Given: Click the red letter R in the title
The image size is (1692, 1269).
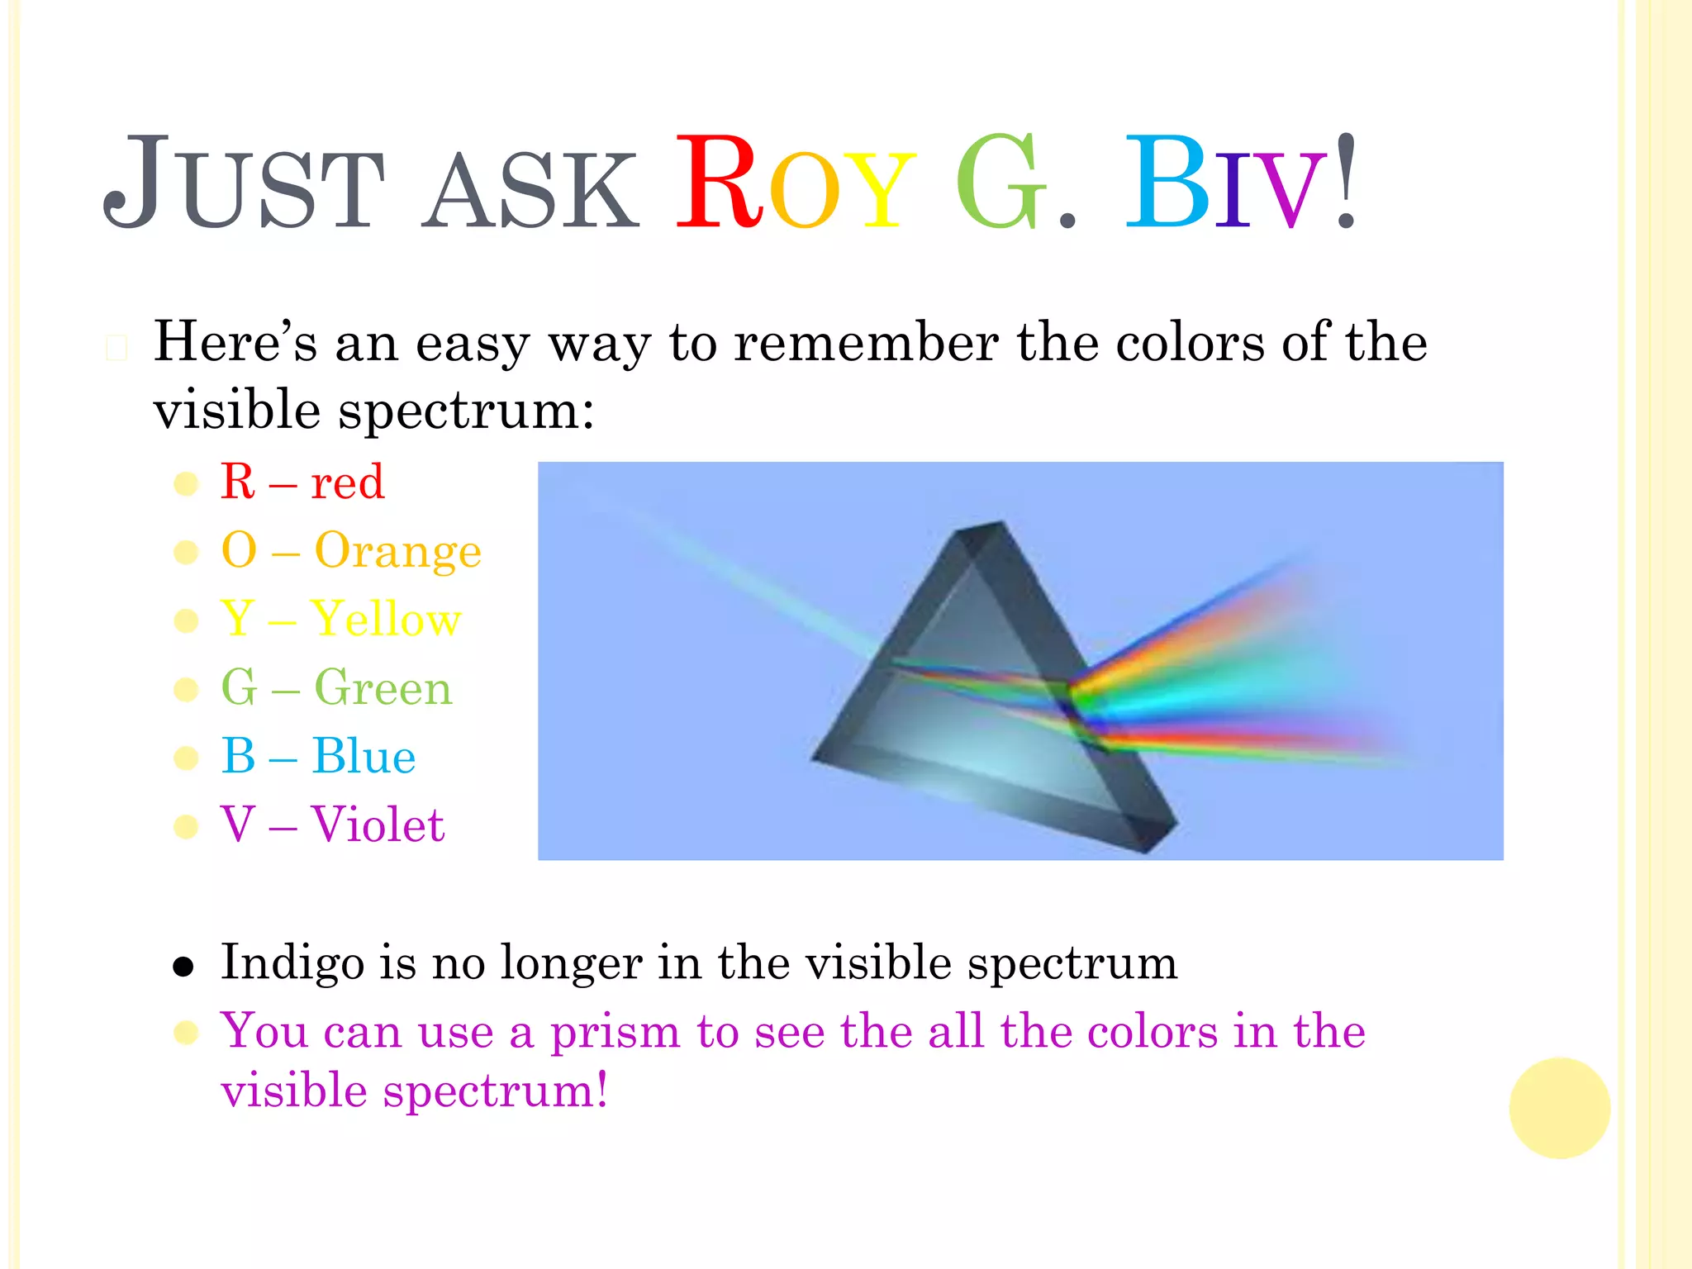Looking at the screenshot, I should click(x=719, y=183).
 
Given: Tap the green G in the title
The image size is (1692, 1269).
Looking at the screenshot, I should click(x=1000, y=183).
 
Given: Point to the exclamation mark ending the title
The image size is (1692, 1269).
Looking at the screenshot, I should click(x=1346, y=182).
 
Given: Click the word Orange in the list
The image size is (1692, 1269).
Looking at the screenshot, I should click(x=397, y=552).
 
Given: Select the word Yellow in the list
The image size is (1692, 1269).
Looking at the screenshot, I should click(x=386, y=620).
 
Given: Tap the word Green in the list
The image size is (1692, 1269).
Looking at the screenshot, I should click(x=383, y=688).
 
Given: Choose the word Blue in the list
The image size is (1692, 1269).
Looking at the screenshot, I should click(x=364, y=757).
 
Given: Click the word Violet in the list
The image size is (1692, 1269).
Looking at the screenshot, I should click(x=378, y=825).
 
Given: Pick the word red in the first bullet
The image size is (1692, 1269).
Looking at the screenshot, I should click(x=347, y=483).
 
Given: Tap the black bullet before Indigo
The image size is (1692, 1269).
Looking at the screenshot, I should click(x=183, y=967).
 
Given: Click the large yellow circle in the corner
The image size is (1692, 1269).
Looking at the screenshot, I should click(x=1559, y=1108).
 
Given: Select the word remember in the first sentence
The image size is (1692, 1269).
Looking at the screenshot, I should click(x=866, y=343).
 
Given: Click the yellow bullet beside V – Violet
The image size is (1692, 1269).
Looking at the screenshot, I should click(x=187, y=826).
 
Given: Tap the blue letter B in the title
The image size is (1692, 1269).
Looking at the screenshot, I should click(x=1165, y=183).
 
